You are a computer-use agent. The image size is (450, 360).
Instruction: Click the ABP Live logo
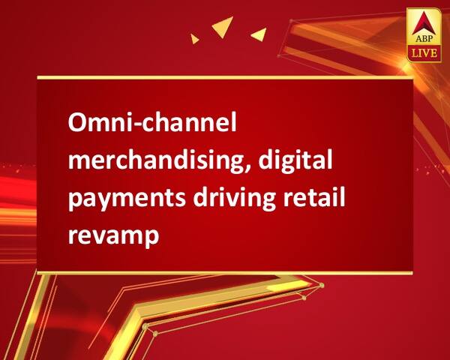pos(422,37)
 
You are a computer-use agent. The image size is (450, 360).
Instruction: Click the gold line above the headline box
pos(225,76)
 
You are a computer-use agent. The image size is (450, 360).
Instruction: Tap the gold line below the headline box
pos(225,273)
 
